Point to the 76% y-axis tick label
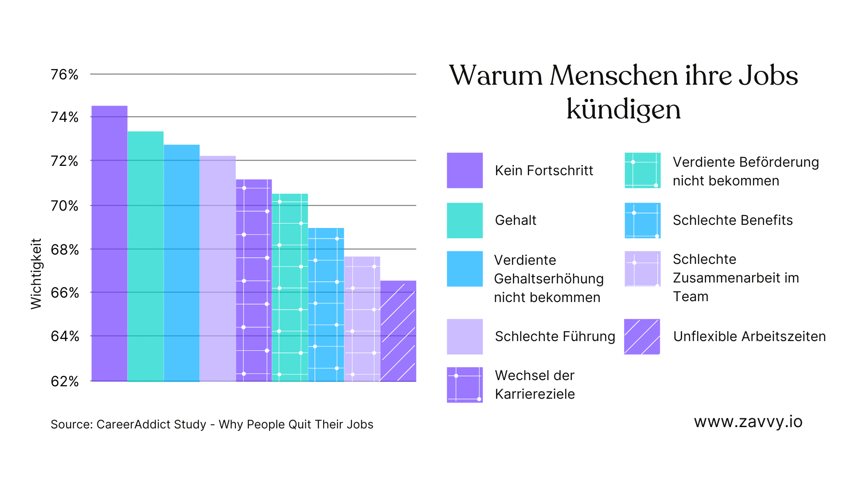click(x=64, y=75)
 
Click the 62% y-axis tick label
click(x=65, y=381)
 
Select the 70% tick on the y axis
click(x=65, y=206)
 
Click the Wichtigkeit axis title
click(x=36, y=274)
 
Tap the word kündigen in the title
click(x=623, y=110)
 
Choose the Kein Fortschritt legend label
click(x=544, y=171)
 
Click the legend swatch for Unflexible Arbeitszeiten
click(x=642, y=337)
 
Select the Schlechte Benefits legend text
click(x=732, y=220)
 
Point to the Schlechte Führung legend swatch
click(x=465, y=337)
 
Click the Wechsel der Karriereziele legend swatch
click(x=465, y=385)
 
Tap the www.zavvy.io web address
click(x=748, y=422)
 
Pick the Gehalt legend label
click(x=515, y=220)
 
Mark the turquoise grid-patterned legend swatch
click(x=642, y=170)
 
